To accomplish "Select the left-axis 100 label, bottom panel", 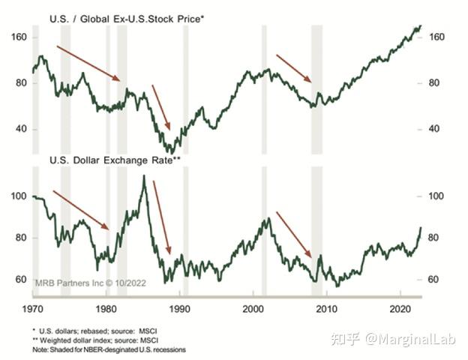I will [19, 196].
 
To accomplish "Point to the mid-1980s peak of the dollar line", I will [143, 176].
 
